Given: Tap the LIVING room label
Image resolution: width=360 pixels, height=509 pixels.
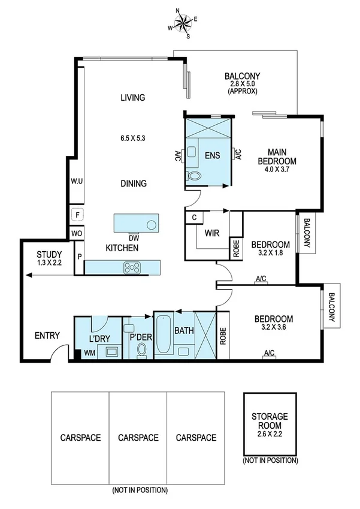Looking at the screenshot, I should tap(132, 98).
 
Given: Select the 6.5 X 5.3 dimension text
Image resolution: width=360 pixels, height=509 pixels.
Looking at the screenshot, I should tap(132, 138).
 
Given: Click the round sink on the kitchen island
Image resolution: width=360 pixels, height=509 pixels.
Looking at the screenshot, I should tap(152, 225).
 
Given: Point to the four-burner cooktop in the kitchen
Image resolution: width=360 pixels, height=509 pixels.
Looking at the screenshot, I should tap(132, 267).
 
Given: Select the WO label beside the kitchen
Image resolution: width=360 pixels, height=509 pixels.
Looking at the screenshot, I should tap(76, 233).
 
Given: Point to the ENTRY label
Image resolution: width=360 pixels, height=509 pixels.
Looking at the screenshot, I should tap(47, 335).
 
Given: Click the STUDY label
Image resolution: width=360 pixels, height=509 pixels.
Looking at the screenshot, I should tap(49, 254).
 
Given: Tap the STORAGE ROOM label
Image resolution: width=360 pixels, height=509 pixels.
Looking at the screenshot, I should tap(270, 420).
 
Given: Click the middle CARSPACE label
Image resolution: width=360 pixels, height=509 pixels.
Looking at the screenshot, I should tap(138, 438).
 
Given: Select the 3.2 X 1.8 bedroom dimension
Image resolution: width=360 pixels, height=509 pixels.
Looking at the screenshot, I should tap(270, 254).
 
